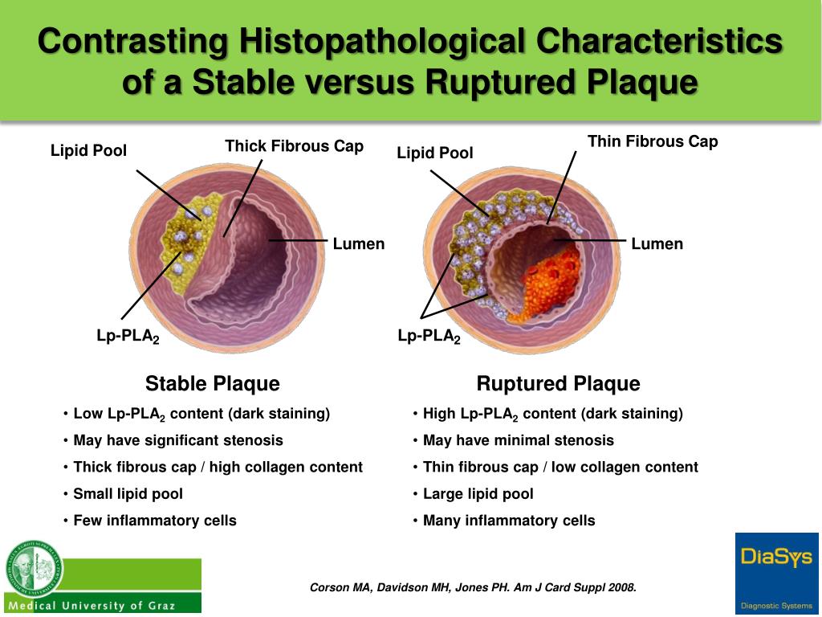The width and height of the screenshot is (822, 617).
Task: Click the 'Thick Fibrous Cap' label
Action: click(x=294, y=146)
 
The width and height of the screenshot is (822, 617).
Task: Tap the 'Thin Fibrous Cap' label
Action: click(x=653, y=142)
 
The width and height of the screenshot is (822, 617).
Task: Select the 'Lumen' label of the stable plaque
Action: click(x=359, y=243)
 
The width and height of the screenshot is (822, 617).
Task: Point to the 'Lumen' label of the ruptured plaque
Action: click(x=657, y=243)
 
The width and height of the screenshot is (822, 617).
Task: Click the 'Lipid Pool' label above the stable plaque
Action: click(x=88, y=150)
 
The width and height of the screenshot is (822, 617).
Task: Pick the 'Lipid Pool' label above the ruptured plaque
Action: click(x=435, y=153)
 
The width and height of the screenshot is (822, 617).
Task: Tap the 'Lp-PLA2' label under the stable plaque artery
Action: click(x=128, y=337)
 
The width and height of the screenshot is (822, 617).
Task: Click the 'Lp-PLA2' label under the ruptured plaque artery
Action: click(x=429, y=337)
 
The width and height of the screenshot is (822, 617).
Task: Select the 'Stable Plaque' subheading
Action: click(x=212, y=383)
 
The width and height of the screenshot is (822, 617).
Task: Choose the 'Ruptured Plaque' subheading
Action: click(x=558, y=383)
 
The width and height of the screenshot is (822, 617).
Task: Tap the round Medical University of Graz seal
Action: click(x=33, y=567)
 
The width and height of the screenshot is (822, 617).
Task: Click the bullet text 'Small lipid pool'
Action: click(x=128, y=493)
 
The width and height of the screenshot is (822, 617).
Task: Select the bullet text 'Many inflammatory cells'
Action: click(x=509, y=521)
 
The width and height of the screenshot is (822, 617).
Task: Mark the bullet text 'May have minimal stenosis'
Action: click(x=518, y=440)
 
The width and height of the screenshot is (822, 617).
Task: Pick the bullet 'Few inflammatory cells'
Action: click(x=154, y=521)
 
